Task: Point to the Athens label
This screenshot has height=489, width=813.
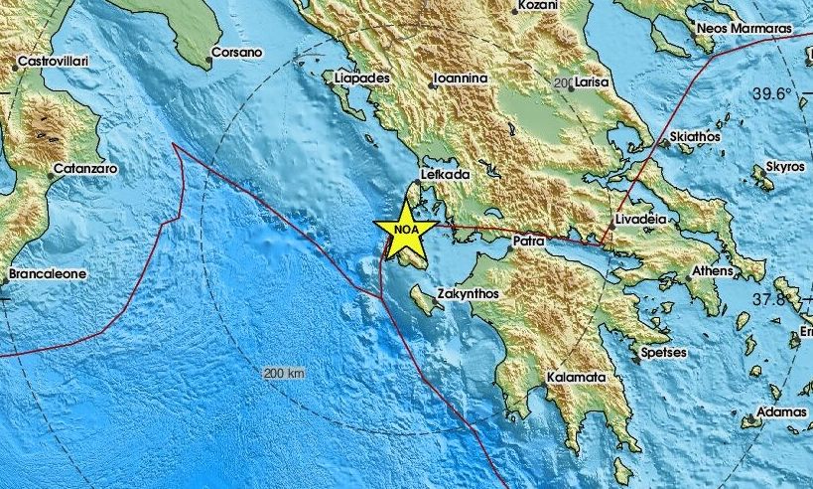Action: (713, 270)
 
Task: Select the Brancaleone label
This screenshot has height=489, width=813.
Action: (47, 273)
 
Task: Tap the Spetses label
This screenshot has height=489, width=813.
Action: (666, 352)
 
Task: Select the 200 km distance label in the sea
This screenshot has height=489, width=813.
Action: (286, 374)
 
